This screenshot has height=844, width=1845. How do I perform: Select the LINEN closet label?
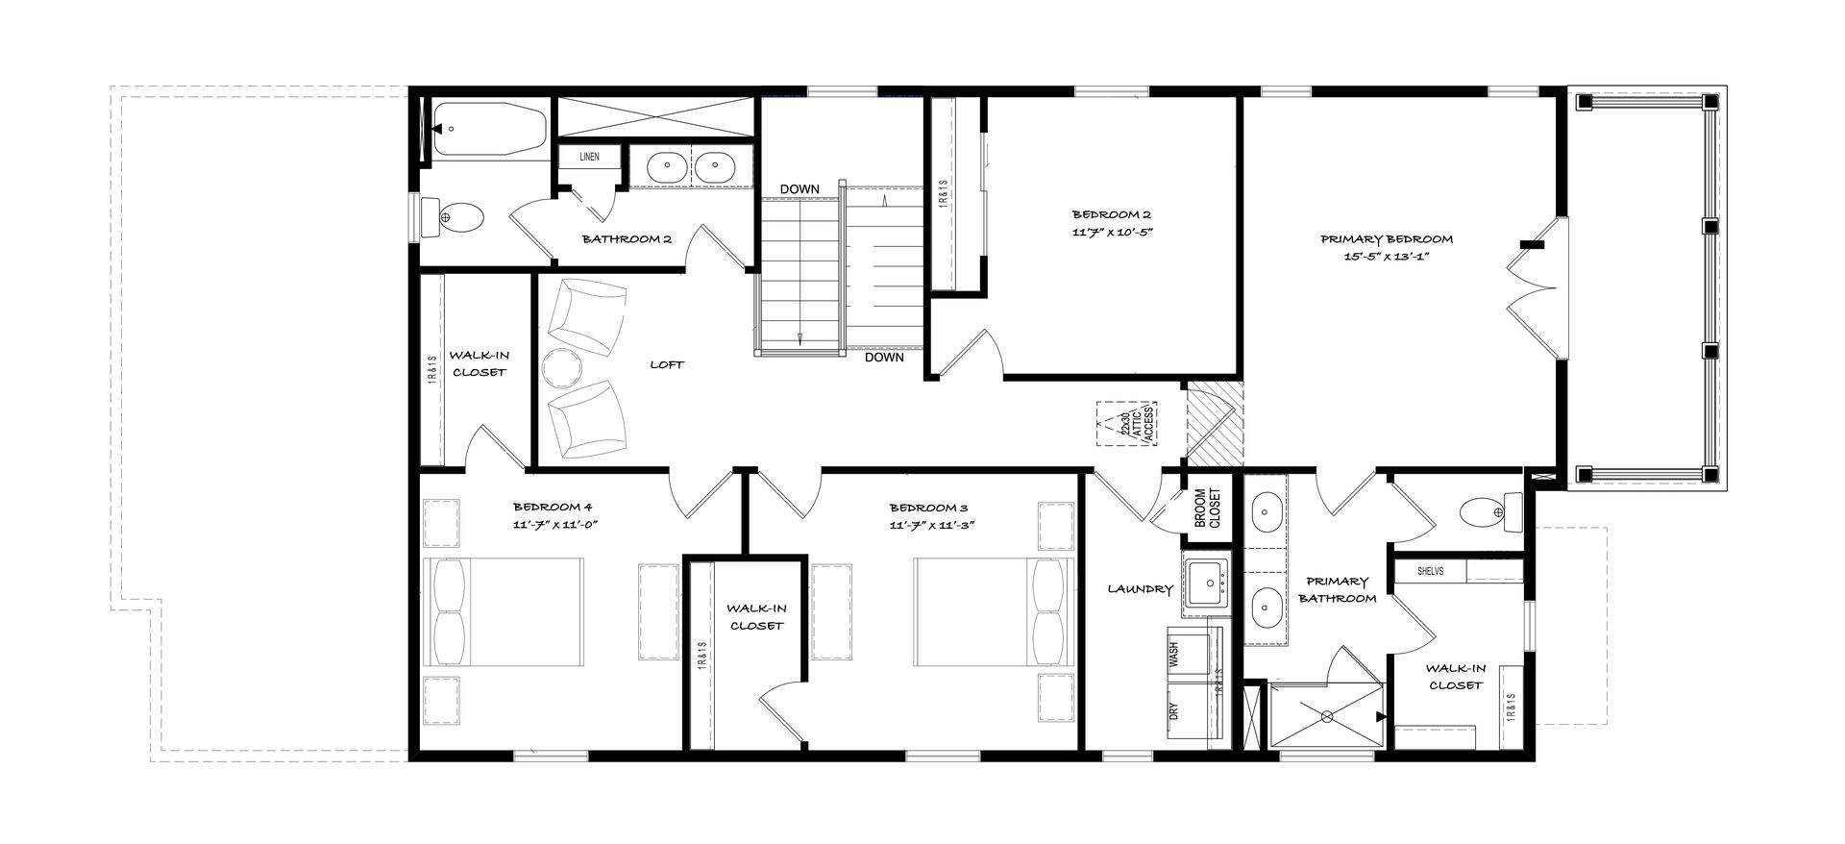click(589, 157)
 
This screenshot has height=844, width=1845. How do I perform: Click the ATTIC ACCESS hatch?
click(1128, 425)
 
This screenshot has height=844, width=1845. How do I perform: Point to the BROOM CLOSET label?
click(1207, 507)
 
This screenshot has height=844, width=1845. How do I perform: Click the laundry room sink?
click(1206, 583)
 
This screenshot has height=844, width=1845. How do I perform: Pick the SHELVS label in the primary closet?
click(1431, 571)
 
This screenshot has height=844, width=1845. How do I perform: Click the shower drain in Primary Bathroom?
click(1327, 715)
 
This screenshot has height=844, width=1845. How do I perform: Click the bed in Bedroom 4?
click(504, 611)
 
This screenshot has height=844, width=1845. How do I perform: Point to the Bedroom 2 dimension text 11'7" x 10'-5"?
click(1111, 232)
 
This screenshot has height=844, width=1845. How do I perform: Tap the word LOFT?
click(667, 365)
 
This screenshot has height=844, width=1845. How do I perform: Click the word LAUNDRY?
click(1140, 589)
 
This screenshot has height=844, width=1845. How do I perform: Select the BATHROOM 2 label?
click(627, 239)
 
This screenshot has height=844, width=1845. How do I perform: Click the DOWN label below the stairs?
click(884, 358)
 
